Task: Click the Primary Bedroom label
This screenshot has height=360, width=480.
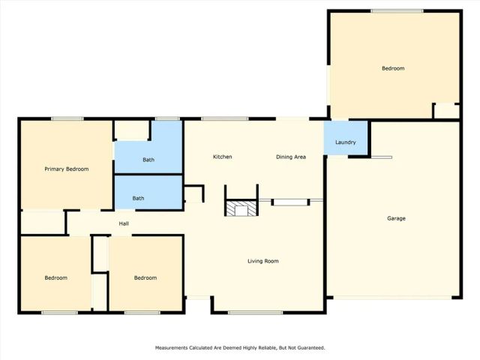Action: [66, 169]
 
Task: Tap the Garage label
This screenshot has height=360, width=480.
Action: [396, 218]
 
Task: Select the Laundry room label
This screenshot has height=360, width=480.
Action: [345, 142]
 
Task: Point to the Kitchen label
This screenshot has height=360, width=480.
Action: [222, 157]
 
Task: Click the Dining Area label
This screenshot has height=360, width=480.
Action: [290, 157]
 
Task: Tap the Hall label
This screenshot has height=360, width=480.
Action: [125, 223]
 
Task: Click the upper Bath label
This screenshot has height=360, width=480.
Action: [148, 160]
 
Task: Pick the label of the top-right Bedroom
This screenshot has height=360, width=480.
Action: [393, 68]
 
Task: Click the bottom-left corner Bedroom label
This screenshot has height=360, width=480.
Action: [55, 277]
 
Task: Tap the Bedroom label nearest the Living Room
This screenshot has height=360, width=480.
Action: [145, 277]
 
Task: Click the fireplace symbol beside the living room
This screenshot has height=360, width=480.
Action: [241, 208]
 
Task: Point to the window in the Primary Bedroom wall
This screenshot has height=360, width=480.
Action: [67, 118]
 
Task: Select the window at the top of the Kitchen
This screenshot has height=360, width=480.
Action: [224, 118]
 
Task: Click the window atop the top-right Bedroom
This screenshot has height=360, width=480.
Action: [391, 10]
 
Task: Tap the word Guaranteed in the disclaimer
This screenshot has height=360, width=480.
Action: [309, 348]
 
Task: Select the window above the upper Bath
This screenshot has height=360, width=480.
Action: [166, 118]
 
